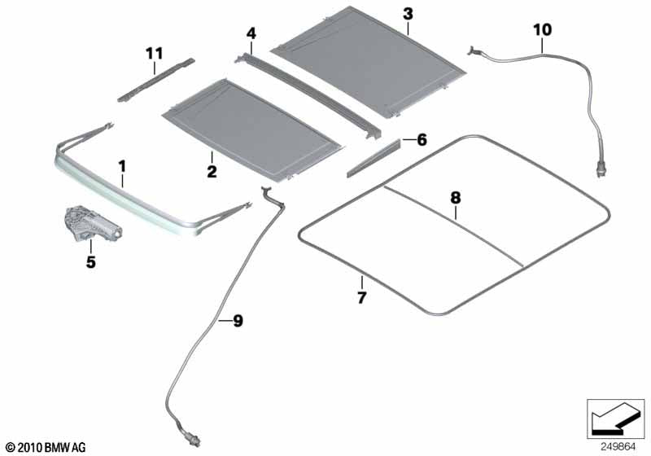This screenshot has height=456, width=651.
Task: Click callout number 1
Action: coord(122,167)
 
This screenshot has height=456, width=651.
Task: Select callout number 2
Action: coord(211,171)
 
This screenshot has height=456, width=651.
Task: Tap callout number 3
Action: coord(408,14)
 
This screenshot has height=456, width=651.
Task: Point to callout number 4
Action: coord(251,33)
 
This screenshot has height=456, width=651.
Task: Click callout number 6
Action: coord(421,140)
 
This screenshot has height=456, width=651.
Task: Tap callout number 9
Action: coord(237,321)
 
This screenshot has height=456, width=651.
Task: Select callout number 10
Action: coord(542,30)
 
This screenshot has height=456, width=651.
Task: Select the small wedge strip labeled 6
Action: coord(374,160)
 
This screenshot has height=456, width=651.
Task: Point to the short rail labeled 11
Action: coord(155,79)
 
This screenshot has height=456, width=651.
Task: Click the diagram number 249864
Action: coord(617,446)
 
